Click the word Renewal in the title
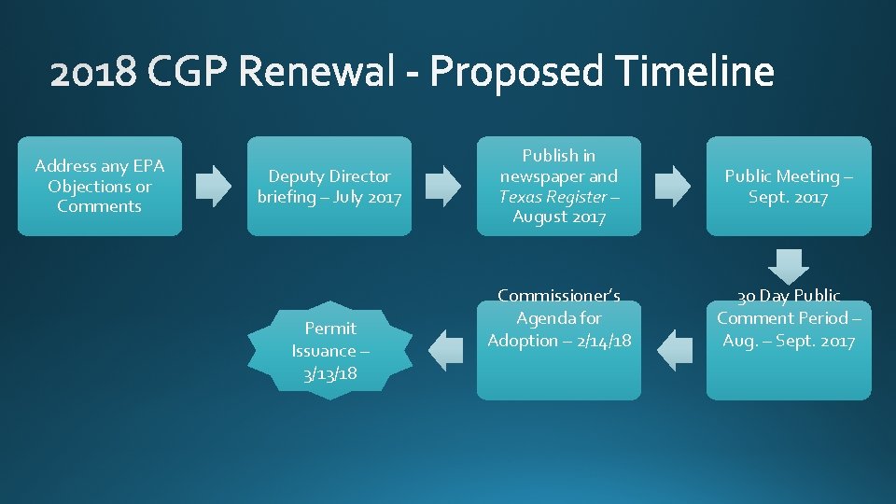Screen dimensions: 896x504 (x=314, y=73)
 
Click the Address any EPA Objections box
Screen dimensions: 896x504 (x=99, y=186)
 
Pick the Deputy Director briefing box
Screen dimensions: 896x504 (x=329, y=186)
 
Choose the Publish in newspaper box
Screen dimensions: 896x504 (x=559, y=186)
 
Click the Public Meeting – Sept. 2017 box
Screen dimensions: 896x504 (x=789, y=186)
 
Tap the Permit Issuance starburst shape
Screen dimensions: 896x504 (x=330, y=350)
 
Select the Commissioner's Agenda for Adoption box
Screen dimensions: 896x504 (x=559, y=350)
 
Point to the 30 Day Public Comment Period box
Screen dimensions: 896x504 (x=789, y=350)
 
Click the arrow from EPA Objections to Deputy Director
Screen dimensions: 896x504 (x=214, y=186)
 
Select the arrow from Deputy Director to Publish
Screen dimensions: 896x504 (x=443, y=186)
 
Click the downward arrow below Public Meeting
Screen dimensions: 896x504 (x=789, y=264)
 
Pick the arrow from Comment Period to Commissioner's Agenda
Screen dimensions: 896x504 (x=675, y=349)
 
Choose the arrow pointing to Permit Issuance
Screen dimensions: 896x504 (x=445, y=349)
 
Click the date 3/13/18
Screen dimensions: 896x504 (x=330, y=373)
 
